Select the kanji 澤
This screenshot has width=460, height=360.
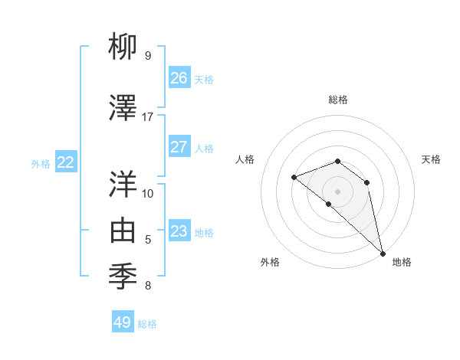pos(124,108)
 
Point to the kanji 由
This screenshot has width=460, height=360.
pos(124,231)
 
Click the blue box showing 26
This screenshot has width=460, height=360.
pos(179,78)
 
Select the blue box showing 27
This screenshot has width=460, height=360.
pos(179,147)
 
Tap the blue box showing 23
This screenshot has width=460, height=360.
pos(179,231)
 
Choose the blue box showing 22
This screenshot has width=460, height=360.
pos(66,162)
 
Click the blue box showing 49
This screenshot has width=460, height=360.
pos(123,322)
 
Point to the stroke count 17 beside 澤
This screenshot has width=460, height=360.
pos(148,117)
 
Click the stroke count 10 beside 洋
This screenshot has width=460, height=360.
pos(148,193)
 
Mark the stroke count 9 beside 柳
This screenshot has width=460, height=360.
pos(148,55)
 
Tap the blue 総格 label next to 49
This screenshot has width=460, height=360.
pos(147,324)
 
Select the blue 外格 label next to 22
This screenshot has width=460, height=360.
pos(41,163)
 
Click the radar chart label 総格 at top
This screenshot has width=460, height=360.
pos(338,100)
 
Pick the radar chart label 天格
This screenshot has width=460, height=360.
pos(432,159)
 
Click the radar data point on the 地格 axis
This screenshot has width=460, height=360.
pos(383,252)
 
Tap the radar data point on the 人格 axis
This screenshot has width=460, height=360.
pos(294,177)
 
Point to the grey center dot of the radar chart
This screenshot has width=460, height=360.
pos(338,191)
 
